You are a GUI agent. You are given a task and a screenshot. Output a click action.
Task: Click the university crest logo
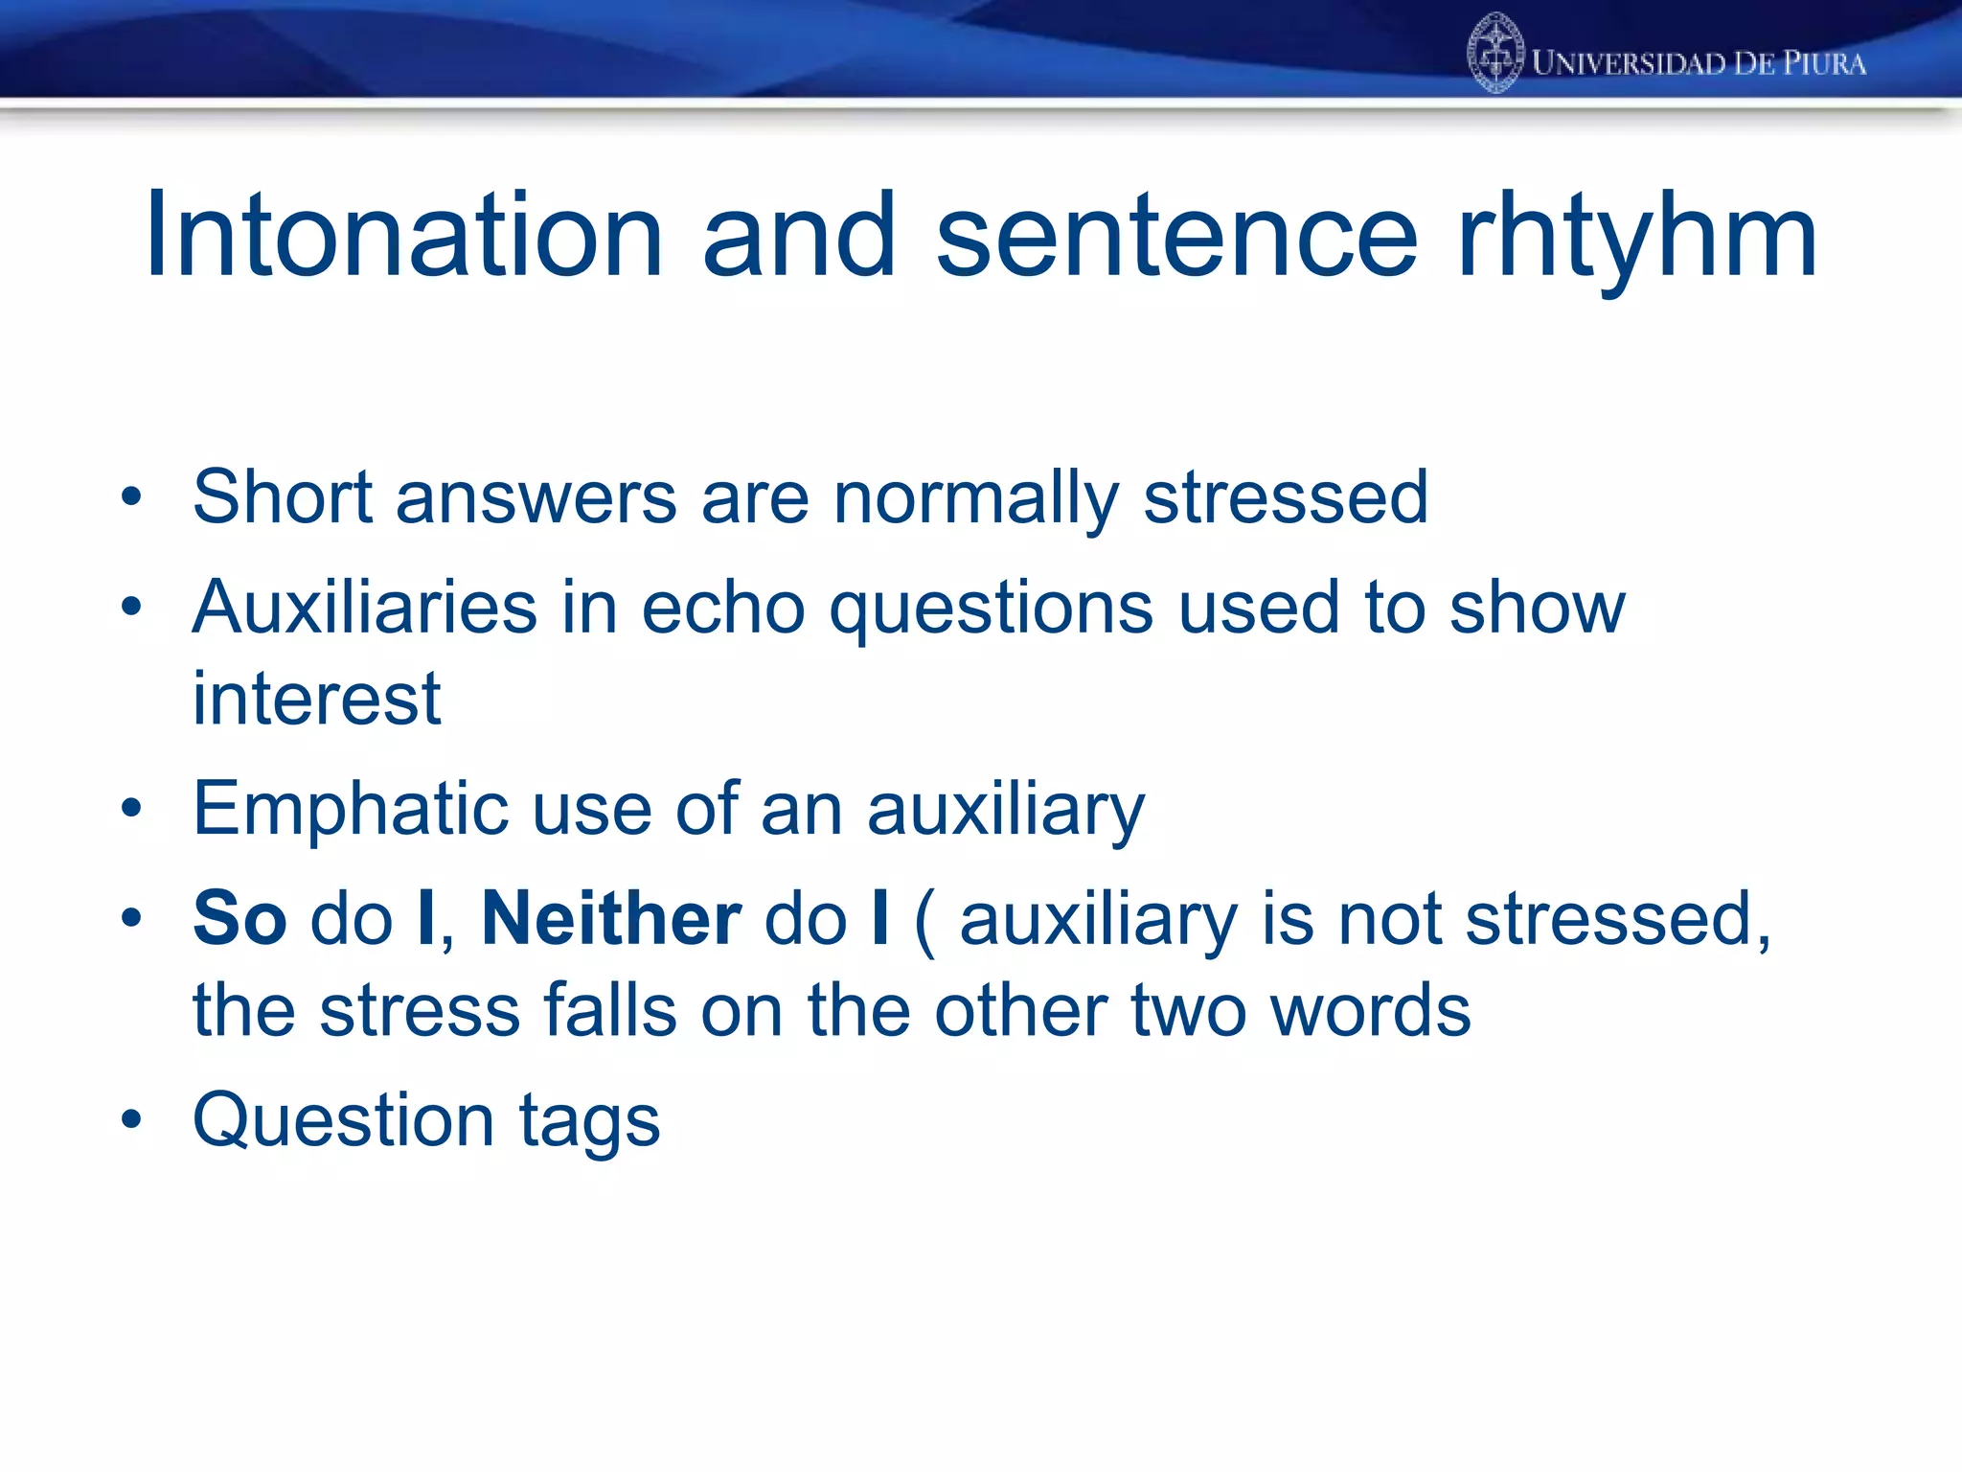(x=1495, y=54)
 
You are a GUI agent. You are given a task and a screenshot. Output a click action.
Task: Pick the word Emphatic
(x=350, y=809)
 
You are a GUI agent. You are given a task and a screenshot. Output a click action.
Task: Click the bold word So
(x=240, y=918)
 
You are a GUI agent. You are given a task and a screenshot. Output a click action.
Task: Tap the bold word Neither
(x=611, y=918)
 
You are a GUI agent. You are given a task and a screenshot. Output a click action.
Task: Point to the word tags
(x=589, y=1121)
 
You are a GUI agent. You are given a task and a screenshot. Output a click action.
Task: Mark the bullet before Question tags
(x=131, y=1118)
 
